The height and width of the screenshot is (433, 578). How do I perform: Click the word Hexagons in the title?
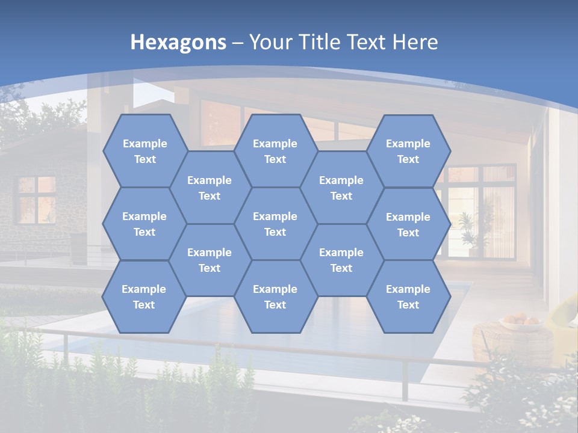[x=178, y=42]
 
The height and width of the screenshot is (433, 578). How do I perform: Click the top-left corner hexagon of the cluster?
[x=144, y=151]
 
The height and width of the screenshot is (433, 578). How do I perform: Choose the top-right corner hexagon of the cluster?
[x=408, y=151]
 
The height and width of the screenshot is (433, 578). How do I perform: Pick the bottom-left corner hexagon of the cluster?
[x=144, y=296]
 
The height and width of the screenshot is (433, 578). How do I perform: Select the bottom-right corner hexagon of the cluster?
[x=408, y=296]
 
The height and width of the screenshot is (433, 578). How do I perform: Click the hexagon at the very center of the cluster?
[x=275, y=224]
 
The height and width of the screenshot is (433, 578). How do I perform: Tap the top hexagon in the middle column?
[x=275, y=151]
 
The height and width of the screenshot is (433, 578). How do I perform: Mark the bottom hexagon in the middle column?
[x=275, y=296]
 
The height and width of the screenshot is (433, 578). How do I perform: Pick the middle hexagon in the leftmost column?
[x=144, y=224]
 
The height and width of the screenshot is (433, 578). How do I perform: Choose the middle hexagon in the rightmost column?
[x=408, y=224]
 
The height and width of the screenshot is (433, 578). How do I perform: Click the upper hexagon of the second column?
[x=210, y=188]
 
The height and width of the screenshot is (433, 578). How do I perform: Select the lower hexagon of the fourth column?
[x=341, y=260]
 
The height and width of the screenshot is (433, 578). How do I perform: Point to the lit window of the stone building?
[x=36, y=198]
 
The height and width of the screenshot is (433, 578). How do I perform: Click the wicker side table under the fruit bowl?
[x=512, y=346]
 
